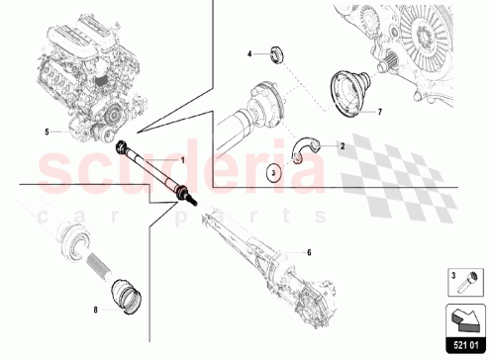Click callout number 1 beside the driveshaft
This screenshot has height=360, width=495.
click(x=181, y=159)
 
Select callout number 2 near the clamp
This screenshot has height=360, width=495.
click(x=342, y=146)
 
